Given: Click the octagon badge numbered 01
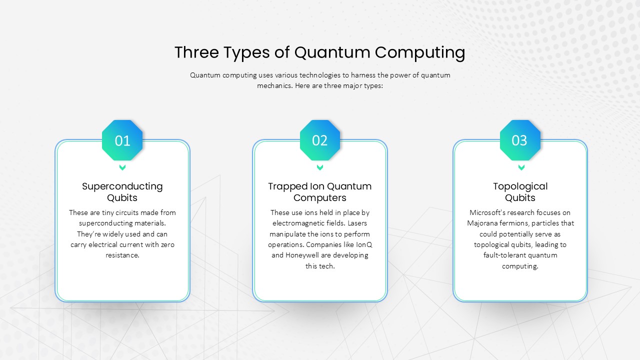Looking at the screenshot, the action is pyautogui.click(x=122, y=140).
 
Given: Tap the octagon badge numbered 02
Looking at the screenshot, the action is pyautogui.click(x=320, y=140).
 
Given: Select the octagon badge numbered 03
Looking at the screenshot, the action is pyautogui.click(x=520, y=140).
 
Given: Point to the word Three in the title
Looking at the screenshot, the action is pyautogui.click(x=197, y=52).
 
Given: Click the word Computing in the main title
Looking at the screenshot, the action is pyautogui.click(x=420, y=53).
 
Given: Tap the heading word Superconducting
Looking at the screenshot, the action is pyautogui.click(x=122, y=186).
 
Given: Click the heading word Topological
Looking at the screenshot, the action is pyautogui.click(x=520, y=186).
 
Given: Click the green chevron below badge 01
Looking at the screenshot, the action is pyautogui.click(x=122, y=167).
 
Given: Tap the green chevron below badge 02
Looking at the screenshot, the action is pyautogui.click(x=320, y=167).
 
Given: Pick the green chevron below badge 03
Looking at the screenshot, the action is pyautogui.click(x=521, y=167).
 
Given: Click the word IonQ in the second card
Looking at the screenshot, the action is pyautogui.click(x=364, y=245).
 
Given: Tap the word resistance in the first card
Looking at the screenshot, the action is pyautogui.click(x=122, y=255).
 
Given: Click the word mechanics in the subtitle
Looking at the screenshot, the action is pyautogui.click(x=275, y=86).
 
